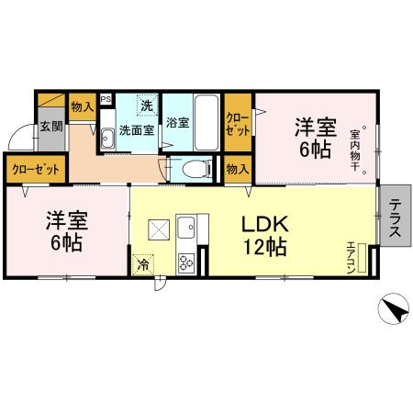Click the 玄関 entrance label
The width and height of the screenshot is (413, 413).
click(50, 125)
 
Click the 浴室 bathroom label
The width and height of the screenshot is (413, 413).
click(178, 122)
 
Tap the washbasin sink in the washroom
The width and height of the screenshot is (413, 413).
click(107, 139)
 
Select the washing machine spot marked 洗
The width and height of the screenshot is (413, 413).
click(147, 105)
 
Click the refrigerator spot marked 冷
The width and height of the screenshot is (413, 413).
click(143, 263)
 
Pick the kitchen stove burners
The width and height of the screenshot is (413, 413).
click(185, 262)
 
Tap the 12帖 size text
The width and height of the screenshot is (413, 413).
click(266, 247)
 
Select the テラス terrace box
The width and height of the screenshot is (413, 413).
click(396, 220)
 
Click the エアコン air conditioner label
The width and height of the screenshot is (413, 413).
click(353, 255)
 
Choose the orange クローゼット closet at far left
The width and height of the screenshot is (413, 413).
click(34, 170)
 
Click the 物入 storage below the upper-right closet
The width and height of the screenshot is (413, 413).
click(237, 169)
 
